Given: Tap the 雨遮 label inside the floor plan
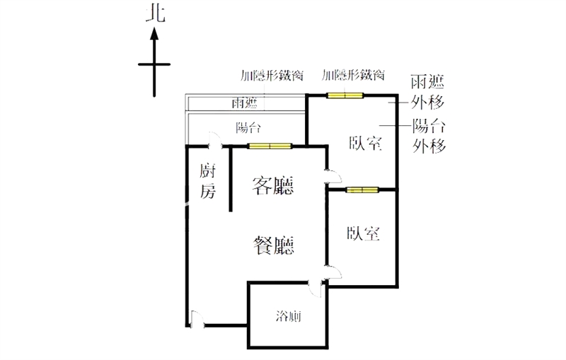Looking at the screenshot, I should pos(244,104).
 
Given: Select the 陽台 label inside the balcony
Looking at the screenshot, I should pos(248,128).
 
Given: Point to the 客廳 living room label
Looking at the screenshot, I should pos(274,185).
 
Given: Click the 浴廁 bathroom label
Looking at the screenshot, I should pos(288,316).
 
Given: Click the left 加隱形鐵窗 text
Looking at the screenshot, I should pos(272,75).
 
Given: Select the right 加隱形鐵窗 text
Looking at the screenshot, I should pos(353,75).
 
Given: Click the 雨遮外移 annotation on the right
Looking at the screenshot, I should pos(428,93).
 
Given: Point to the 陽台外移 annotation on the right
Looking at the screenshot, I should pos(429,136).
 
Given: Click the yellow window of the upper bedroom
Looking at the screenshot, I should pos(345,95).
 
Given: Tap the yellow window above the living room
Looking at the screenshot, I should pos(270,146).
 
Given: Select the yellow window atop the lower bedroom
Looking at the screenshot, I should pos(362,190).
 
